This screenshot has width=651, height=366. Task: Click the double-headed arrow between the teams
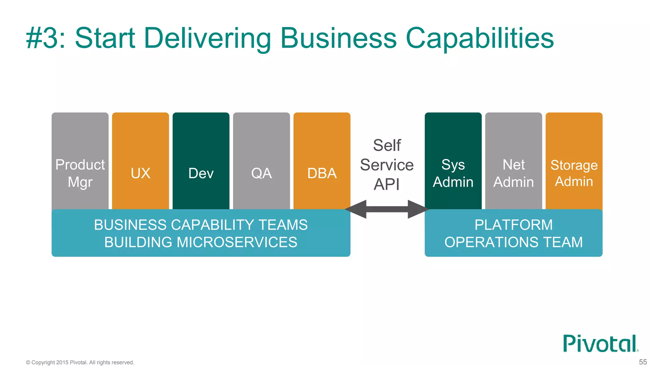tap(387, 209)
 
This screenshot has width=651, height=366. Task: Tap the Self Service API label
tap(387, 165)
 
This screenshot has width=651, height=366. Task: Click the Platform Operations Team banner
tap(513, 233)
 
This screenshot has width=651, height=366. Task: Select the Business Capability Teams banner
tap(201, 233)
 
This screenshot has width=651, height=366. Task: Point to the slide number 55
tap(643, 362)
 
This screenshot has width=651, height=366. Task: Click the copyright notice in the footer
tap(80, 363)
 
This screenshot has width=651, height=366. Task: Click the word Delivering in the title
tap(208, 38)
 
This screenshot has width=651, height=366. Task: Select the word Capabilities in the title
tap(480, 38)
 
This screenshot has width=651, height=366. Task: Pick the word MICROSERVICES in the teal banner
tap(237, 242)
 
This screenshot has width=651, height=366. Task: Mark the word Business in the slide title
tap(339, 38)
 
